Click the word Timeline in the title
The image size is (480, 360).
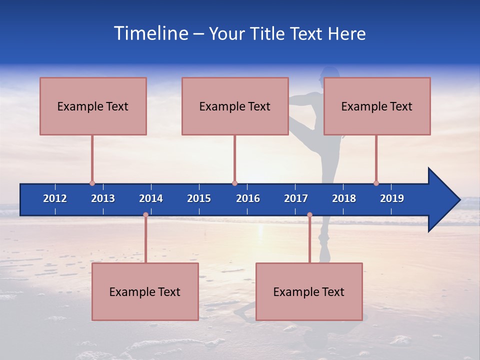tap(150, 33)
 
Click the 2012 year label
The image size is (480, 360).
tap(55, 198)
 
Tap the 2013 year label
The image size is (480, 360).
tap(103, 198)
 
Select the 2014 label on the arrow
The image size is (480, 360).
tap(151, 198)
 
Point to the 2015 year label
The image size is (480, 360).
tap(199, 198)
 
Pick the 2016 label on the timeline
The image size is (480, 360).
tap(248, 198)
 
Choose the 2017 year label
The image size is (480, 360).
tap(296, 198)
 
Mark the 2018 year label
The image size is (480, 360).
tap(344, 198)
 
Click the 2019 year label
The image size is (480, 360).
tap(392, 198)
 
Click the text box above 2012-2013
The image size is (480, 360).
tap(93, 106)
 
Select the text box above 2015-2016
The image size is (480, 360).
tap(235, 106)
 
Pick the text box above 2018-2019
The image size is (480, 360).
tap(377, 106)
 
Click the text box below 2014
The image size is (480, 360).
tap(145, 291)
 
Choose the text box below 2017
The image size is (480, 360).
tap(309, 291)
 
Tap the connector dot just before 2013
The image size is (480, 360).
tap(92, 183)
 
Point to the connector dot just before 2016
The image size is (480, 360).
tap(234, 183)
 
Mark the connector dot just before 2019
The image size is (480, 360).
tap(376, 183)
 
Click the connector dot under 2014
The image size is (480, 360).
tap(145, 215)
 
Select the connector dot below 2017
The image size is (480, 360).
tap(309, 215)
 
